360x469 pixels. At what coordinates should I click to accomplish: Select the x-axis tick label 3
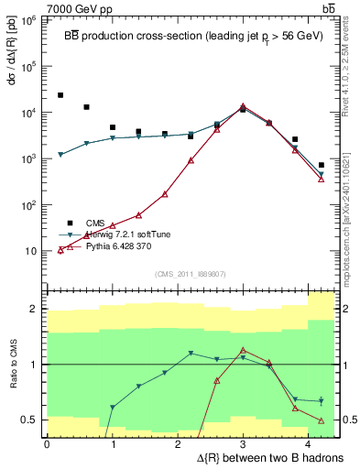pos(242,445)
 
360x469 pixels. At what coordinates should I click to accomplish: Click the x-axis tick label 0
pos(47,445)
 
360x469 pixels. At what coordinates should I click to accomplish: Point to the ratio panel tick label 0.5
pos(29,420)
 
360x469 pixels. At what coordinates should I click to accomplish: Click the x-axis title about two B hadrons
pos(258,457)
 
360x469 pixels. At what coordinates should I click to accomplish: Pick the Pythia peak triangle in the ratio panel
pos(243,350)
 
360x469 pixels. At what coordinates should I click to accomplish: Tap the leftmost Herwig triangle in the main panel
pos(60,155)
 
